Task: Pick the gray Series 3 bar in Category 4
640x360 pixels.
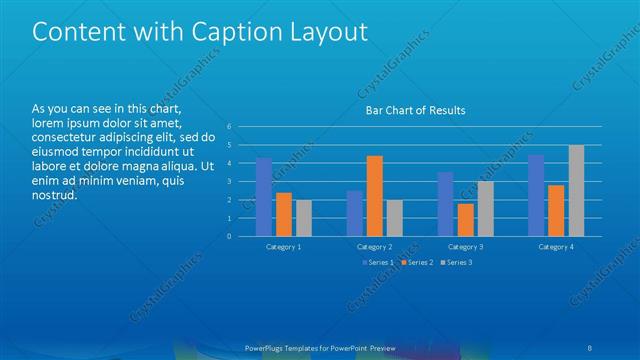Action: click(x=576, y=191)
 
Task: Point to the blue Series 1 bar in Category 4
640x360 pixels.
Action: click(x=536, y=196)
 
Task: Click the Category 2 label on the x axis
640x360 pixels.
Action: click(x=374, y=246)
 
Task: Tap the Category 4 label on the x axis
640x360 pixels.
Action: click(x=556, y=246)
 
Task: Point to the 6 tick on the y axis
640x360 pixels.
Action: click(x=229, y=126)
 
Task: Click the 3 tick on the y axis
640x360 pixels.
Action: click(x=229, y=181)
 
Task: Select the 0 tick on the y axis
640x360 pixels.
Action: click(x=229, y=236)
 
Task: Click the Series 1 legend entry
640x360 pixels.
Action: click(x=378, y=262)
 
